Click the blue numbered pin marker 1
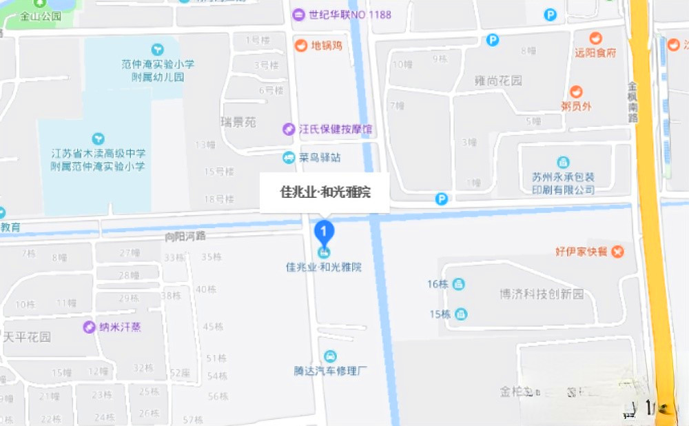[x=324, y=230]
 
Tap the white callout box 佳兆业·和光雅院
[x=325, y=192]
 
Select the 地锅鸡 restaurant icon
[x=300, y=46]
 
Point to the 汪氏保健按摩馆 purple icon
[x=289, y=129]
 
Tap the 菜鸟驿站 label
[x=320, y=158]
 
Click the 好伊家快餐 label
[x=582, y=252]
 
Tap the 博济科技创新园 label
[x=542, y=294]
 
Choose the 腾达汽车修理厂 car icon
[x=331, y=356]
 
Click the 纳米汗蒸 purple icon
[x=89, y=327]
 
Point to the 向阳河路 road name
[x=185, y=236]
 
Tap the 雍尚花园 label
[x=499, y=81]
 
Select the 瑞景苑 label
[x=238, y=122]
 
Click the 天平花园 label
[x=27, y=337]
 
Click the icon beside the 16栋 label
[x=459, y=284]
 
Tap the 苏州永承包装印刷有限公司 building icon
[x=564, y=163]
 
